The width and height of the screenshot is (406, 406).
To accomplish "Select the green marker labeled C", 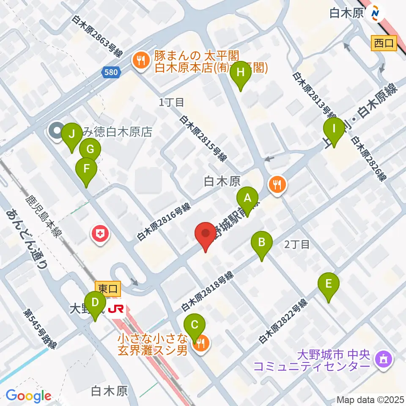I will coord(195,325).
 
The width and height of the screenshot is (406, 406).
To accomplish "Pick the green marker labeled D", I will coord(96,303).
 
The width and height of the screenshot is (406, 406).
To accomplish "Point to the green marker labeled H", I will coord(241,72).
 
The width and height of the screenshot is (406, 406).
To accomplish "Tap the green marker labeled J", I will coord(72,134).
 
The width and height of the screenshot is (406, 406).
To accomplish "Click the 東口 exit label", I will coord(108,289).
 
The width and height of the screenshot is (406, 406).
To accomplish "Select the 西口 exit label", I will coord(384,42).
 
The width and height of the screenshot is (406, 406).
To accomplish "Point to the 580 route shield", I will coord(111,73).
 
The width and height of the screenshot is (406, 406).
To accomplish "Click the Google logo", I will coord(28,396).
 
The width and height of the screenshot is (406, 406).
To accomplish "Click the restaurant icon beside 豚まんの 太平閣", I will coord(138,60).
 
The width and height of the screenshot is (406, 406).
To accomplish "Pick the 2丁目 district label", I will coord(297,244).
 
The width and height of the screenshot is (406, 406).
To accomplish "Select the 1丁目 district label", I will coord(172,102).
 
